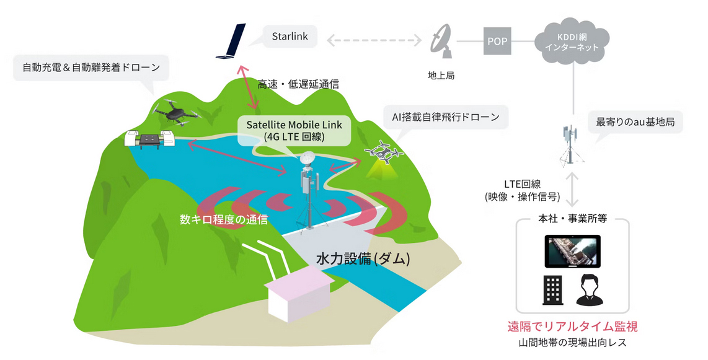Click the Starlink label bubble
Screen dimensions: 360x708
pyautogui.click(x=289, y=37)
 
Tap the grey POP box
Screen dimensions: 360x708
pyautogui.click(x=497, y=42)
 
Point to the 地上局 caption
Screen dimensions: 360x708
pyautogui.click(x=441, y=76)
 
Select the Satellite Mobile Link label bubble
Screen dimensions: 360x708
pyautogui.click(x=298, y=130)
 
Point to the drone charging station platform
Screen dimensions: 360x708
pyautogui.click(x=149, y=140)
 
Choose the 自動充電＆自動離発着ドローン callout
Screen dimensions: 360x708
pyautogui.click(x=91, y=68)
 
